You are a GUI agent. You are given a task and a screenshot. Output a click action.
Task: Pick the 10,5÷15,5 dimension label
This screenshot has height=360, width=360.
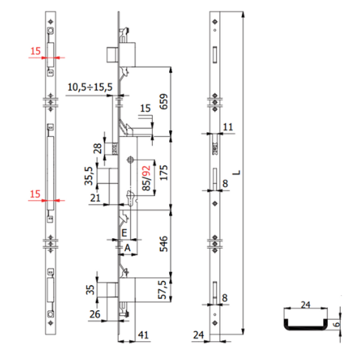tap(89, 88)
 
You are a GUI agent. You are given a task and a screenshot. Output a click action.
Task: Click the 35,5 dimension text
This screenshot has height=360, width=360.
tap(88, 178)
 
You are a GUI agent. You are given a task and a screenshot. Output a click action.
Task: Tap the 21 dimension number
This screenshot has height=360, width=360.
tap(94, 198)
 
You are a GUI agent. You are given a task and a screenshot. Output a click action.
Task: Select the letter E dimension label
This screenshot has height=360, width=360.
tap(124, 232)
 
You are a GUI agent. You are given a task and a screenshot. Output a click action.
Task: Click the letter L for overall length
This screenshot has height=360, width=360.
tap(238, 173)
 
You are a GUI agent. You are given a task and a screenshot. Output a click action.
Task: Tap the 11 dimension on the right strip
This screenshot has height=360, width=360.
tap(227, 127)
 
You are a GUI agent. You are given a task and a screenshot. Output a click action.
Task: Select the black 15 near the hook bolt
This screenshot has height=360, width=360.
tap(145, 109)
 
